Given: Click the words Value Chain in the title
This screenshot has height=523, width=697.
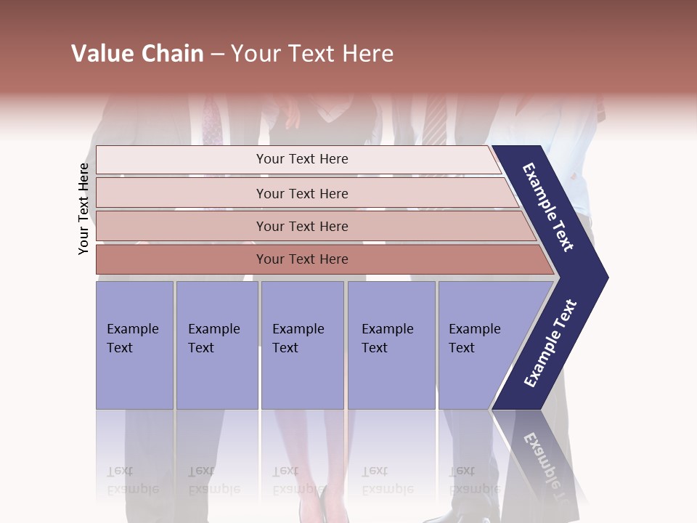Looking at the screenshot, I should tap(137, 54).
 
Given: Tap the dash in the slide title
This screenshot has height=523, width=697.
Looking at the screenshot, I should tap(217, 54).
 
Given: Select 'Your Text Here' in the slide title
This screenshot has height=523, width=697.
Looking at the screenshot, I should tap(312, 54).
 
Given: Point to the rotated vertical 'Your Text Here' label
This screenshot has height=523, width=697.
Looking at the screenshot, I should tap(83, 209).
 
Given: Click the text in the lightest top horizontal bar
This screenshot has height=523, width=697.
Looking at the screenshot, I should tap(302, 159).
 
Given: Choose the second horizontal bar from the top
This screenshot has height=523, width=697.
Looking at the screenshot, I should tap(302, 193).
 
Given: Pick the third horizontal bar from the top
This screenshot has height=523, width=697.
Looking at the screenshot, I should tap(302, 227).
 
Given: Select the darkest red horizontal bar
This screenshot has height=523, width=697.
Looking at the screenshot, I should tap(302, 259).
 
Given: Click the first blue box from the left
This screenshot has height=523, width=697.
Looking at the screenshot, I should tap(134, 345).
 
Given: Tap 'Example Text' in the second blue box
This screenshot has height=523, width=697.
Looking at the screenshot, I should tap(213, 338).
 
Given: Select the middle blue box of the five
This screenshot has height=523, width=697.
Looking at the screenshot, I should tap(302, 345).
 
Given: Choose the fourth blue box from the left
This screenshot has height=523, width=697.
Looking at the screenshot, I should tap(391, 345).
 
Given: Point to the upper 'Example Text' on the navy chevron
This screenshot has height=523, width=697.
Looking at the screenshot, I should tap(549, 207).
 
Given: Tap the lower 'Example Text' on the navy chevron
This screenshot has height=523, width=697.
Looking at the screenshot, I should tap(550, 344).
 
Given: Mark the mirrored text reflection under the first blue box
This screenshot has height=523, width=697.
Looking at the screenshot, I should tap(132, 481).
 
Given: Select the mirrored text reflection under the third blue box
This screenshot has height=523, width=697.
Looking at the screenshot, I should tap(298, 481).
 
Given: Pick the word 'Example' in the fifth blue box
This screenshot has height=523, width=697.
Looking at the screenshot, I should tap(474, 329).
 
